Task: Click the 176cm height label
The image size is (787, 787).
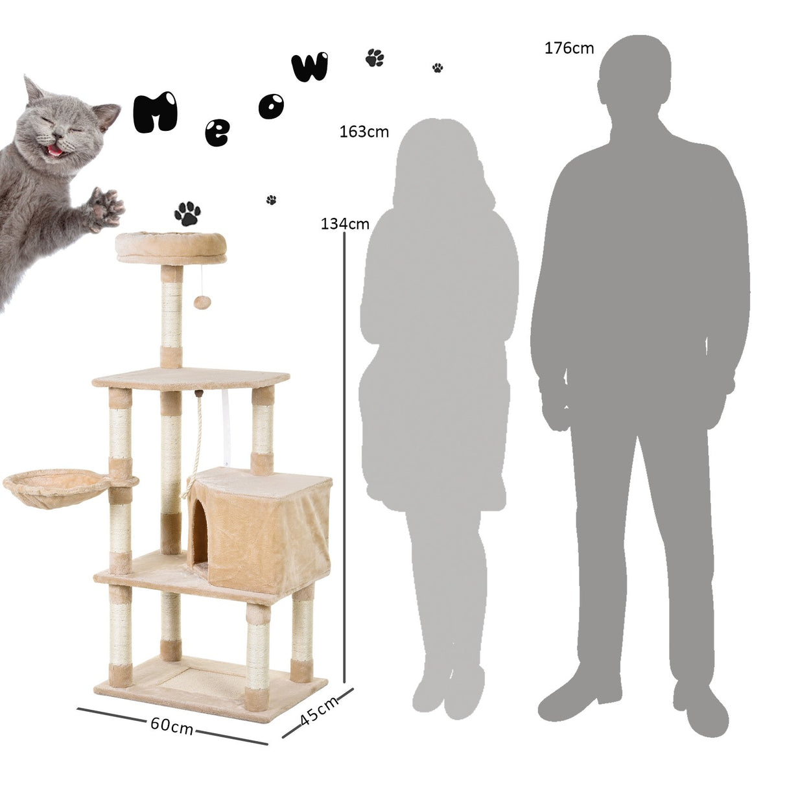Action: coord(569,48)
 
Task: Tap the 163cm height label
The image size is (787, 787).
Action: coord(364,132)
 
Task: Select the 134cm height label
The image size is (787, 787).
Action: coord(345,224)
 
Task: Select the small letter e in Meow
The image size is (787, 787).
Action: coord(216,133)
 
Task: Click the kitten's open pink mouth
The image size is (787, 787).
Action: coord(56,150)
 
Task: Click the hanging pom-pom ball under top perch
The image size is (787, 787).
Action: coord(200,302)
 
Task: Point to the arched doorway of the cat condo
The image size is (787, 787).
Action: coord(199,535)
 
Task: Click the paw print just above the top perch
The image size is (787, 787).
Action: coord(187,213)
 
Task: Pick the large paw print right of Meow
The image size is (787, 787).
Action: coord(375,58)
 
